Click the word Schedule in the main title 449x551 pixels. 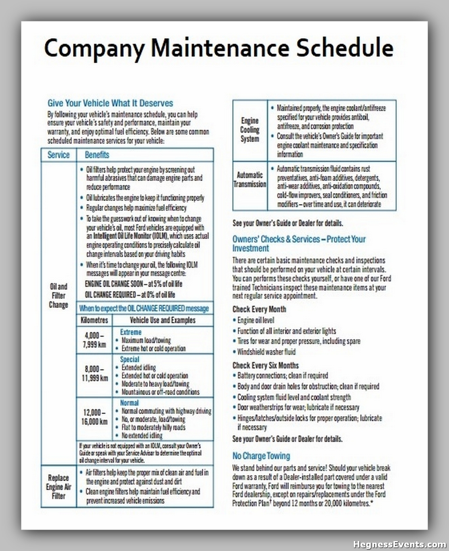point(345,48)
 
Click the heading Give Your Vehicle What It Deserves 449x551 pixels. point(110,103)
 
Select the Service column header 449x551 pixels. point(58,155)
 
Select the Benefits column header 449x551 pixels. point(97,155)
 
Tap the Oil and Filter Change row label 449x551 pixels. point(58,296)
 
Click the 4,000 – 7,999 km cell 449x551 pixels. point(94,340)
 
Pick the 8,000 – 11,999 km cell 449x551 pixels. point(94,374)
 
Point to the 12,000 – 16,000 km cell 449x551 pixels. point(94,417)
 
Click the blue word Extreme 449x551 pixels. point(130,332)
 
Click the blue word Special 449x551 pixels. point(130,359)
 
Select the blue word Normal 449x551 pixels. point(129,403)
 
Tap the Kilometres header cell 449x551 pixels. point(94,320)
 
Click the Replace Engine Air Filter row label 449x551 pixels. point(58,487)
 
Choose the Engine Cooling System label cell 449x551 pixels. point(249,130)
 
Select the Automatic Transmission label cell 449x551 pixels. point(249,179)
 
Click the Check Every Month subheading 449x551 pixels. point(259,309)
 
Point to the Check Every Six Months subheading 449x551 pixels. point(265,365)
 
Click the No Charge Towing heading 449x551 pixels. point(261,456)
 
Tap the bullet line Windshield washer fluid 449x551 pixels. point(266,352)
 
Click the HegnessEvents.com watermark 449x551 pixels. point(399,544)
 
